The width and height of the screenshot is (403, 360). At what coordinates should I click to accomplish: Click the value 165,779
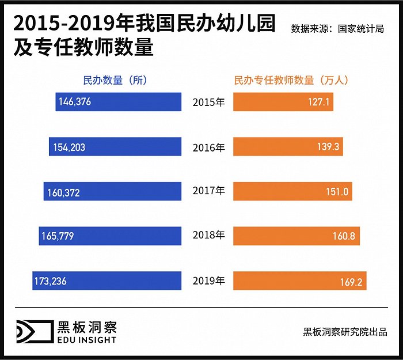[58, 236]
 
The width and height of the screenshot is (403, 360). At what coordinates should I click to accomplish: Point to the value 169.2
[351, 282]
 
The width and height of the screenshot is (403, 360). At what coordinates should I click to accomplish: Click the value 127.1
[318, 102]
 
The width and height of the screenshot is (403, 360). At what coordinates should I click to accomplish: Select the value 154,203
[69, 147]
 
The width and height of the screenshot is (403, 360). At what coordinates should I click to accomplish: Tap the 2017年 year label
[208, 191]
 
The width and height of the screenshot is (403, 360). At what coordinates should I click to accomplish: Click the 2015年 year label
[208, 103]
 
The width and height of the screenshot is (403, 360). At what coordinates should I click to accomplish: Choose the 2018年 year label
[208, 236]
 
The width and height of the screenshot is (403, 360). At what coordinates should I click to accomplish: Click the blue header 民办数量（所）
[115, 80]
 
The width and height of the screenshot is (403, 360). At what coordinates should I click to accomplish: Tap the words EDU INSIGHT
[87, 340]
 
